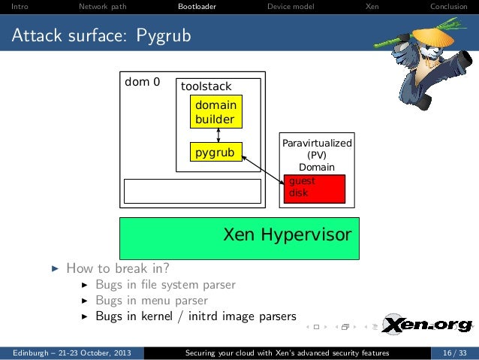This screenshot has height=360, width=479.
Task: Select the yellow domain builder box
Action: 215,112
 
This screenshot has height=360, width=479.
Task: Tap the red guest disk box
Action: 314,188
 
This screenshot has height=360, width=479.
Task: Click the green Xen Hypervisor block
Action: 239,237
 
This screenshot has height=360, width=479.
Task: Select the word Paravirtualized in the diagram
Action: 317,142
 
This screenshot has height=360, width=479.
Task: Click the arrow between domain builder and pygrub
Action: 218,135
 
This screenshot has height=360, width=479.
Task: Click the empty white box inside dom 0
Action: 192,191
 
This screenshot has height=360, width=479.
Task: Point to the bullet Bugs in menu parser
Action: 151,300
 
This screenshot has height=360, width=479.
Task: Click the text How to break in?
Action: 117,268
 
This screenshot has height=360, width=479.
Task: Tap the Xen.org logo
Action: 426,325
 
